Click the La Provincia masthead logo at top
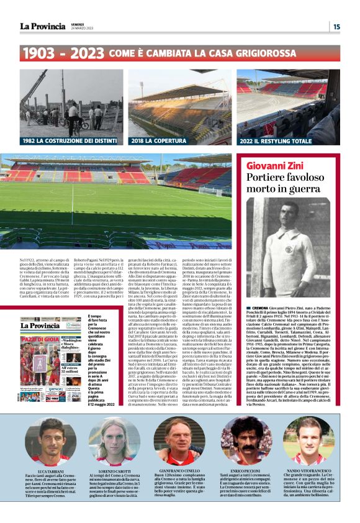point(42,25)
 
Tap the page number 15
point(336,26)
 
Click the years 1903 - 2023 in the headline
point(63,53)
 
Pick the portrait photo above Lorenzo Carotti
point(115,440)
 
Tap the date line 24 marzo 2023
point(82,29)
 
